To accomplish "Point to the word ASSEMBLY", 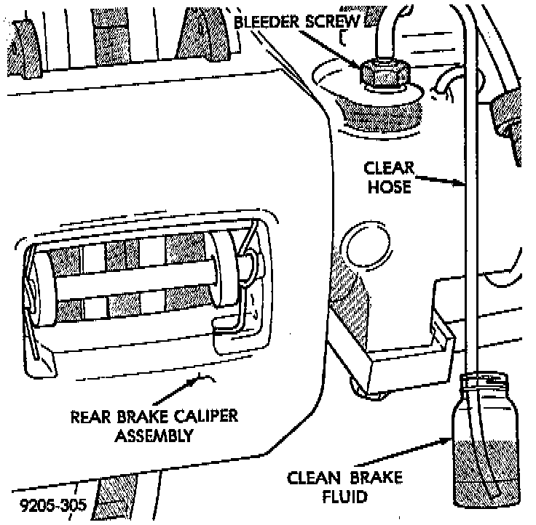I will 156,436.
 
